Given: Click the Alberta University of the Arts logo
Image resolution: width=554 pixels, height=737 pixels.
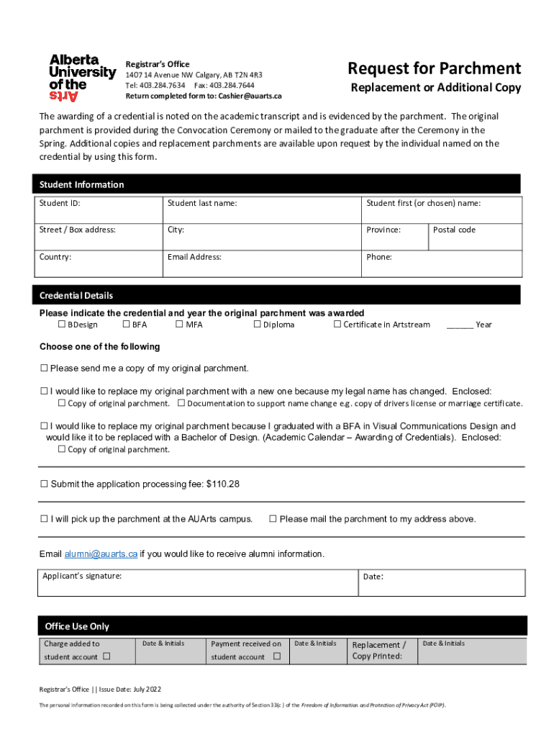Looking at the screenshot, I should point(81,78).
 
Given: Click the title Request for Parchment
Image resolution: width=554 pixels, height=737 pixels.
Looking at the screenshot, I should point(434,68).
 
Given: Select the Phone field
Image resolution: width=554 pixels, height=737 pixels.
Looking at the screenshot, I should point(441,263).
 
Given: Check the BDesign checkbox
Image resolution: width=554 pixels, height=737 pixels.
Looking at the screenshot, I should point(61,325).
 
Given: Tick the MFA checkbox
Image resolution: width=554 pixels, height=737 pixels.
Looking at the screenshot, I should point(179,325).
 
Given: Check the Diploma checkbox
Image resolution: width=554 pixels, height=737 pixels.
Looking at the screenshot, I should point(257,325).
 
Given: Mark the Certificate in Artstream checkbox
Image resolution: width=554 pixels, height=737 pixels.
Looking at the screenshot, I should point(337,325).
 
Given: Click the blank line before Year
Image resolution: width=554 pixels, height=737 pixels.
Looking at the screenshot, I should point(459,325).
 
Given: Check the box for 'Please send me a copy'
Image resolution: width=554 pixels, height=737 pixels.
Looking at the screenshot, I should point(44,368).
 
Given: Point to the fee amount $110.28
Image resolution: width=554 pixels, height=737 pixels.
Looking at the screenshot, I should point(222,484).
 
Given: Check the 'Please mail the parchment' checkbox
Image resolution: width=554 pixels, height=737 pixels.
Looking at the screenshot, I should point(273,519).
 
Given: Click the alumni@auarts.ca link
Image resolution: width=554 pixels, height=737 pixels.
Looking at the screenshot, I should point(101,554).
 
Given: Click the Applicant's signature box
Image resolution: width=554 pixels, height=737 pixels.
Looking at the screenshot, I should point(198,583).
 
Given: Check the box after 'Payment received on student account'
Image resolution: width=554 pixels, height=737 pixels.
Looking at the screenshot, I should point(276,657).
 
